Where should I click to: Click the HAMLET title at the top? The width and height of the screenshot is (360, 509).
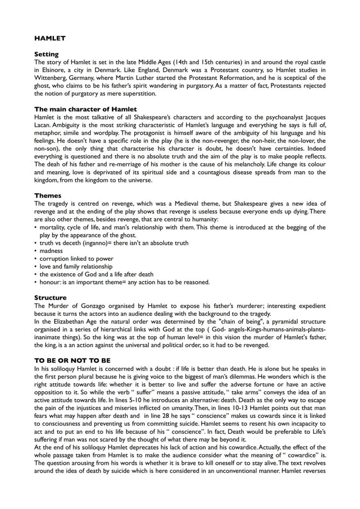point(50,38)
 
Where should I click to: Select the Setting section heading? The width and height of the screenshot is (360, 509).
point(46,54)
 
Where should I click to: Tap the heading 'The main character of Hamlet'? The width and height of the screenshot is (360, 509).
point(85,109)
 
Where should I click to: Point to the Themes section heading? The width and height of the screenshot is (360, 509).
point(47,196)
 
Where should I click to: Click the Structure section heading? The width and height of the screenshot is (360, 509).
point(50,298)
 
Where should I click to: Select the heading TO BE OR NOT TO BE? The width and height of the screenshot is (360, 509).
point(72,360)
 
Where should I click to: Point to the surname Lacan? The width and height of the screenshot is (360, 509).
point(43,125)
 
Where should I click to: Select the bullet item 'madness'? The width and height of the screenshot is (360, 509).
point(51,251)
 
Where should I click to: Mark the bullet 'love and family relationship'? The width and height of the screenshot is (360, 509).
point(76,266)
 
